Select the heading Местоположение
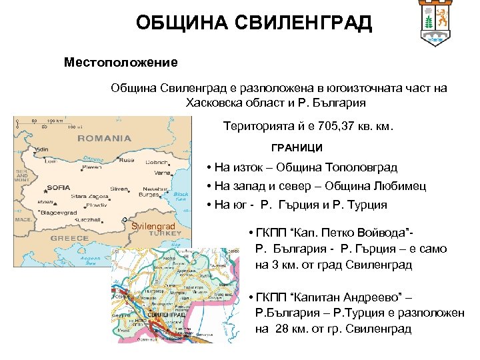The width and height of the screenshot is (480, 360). [121, 63]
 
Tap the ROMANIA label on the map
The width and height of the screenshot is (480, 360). [104, 139]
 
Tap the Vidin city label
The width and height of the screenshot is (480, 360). [41, 148]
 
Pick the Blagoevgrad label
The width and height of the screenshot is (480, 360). [58, 212]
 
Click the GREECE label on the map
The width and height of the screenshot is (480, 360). [69, 238]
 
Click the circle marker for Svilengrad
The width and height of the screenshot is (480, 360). [125, 220]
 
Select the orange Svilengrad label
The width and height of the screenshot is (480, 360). [153, 227]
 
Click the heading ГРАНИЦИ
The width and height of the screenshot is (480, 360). [296, 147]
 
